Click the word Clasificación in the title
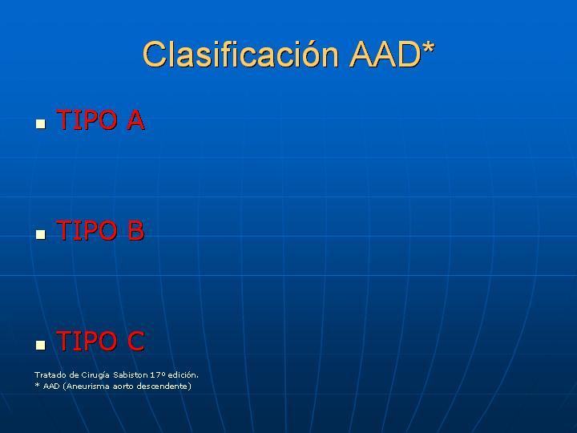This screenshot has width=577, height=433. click(240, 54)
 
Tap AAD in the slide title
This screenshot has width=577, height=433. click(385, 55)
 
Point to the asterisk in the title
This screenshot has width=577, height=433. click(428, 48)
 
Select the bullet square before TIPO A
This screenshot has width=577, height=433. click(41, 123)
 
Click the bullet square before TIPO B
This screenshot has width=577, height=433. click(41, 234)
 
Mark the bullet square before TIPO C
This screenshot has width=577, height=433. click(41, 345)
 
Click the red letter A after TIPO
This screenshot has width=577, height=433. click(135, 120)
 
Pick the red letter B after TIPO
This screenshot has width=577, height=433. click(135, 230)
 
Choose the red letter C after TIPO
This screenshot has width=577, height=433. click(135, 341)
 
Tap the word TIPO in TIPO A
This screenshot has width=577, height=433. click(87, 120)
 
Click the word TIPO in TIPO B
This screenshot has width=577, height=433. click(87, 230)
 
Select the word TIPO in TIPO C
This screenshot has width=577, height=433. click(87, 341)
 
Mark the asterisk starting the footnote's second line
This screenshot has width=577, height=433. click(37, 385)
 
